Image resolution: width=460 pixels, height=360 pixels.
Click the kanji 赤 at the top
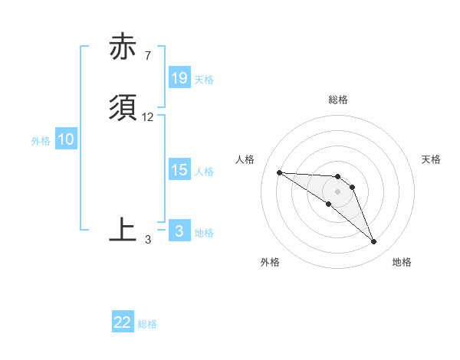[x=123, y=47]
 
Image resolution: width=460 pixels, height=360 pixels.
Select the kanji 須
[x=123, y=108]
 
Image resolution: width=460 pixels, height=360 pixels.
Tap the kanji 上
[x=123, y=229]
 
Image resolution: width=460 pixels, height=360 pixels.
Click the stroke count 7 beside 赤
[x=147, y=56]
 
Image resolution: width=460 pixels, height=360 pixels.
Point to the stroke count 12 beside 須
[x=148, y=117]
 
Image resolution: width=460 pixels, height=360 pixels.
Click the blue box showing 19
[x=179, y=78]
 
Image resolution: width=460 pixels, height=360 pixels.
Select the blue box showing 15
[x=179, y=170]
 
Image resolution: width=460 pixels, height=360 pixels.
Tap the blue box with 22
[x=123, y=322]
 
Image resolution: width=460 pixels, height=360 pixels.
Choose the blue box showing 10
[x=66, y=139]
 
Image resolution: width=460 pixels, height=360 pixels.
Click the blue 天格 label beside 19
[x=204, y=79]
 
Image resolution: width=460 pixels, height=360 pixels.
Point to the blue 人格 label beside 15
[x=204, y=171]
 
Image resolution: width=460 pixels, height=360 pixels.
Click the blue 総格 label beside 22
[x=147, y=324]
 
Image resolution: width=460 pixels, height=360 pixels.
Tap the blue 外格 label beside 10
[x=41, y=140]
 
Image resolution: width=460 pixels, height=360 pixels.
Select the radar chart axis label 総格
[x=338, y=100]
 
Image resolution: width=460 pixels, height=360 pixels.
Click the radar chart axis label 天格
[x=431, y=159]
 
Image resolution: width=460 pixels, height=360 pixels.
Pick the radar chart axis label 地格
[x=402, y=262]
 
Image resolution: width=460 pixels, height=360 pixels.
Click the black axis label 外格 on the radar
[x=270, y=262]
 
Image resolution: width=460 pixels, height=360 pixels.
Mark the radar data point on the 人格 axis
[x=279, y=172]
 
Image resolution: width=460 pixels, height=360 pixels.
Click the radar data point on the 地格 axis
[x=374, y=242]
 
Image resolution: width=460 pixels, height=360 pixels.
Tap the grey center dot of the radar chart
[x=337, y=191]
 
